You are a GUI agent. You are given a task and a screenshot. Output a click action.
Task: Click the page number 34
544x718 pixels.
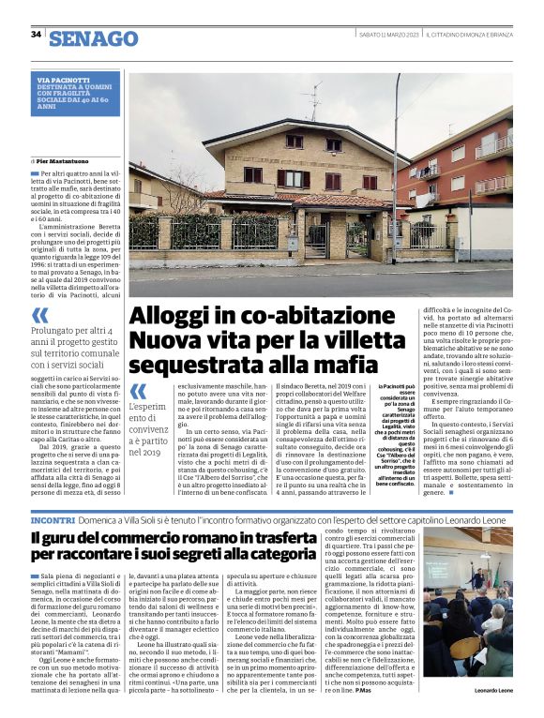click(36, 35)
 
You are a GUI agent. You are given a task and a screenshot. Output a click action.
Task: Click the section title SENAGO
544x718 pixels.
click(93, 38)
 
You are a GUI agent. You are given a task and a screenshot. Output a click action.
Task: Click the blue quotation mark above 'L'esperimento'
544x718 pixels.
click(138, 389)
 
